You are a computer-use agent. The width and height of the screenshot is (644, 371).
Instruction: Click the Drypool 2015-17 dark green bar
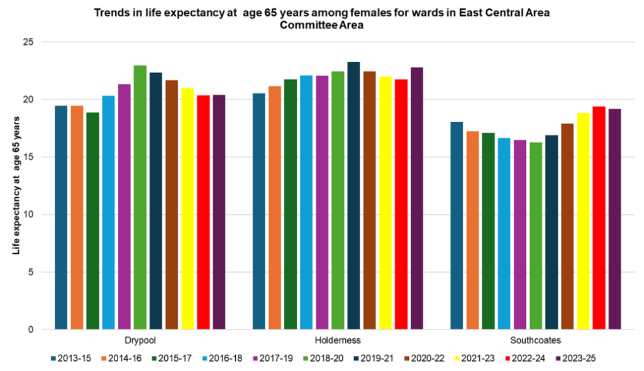click(x=92, y=220)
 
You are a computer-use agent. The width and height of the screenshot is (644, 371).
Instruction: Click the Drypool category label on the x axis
click(x=140, y=340)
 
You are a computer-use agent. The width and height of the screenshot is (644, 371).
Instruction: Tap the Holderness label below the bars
click(x=338, y=340)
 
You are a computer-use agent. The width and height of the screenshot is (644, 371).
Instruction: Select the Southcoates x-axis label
click(x=536, y=340)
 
